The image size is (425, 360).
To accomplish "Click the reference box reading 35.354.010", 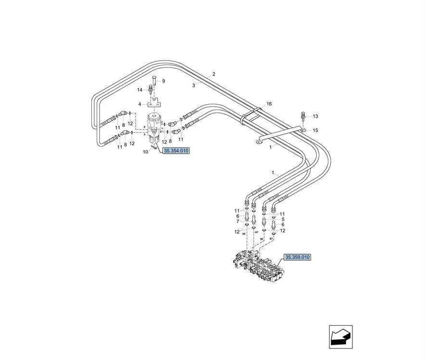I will click(176, 150).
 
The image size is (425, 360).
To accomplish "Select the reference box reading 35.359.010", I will click(298, 257).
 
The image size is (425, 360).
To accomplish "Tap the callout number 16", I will click(269, 104).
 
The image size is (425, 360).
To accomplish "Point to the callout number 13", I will click(315, 116).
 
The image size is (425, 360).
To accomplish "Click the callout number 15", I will click(315, 130).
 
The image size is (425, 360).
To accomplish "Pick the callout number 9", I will click(163, 81).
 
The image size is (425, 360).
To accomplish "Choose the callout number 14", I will click(140, 90).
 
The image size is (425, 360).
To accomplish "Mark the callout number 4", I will click(139, 104).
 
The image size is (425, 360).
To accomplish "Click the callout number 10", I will click(145, 152).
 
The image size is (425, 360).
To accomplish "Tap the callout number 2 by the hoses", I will click(214, 74).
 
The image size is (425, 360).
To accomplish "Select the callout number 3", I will click(194, 85).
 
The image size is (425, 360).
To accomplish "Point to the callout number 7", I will click(237, 221).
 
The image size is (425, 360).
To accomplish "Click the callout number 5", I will click(282, 219).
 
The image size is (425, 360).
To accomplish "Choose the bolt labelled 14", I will click(151, 89).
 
